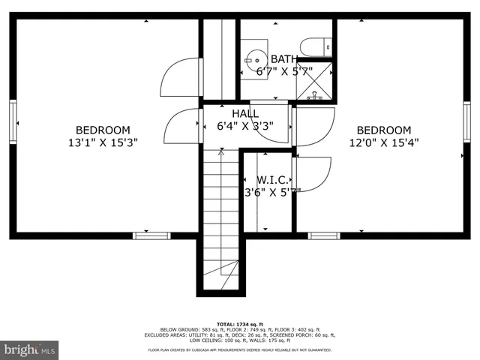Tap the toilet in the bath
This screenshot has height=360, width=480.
click(316, 47)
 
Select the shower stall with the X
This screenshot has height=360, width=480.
click(316, 84)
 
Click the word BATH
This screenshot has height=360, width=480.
click(283, 58)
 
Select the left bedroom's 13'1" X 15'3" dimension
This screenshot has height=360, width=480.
click(103, 142)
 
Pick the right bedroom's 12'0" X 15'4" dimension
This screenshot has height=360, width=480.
click(384, 142)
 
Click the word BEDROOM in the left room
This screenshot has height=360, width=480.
click(103, 129)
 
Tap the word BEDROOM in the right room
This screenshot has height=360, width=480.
click(384, 129)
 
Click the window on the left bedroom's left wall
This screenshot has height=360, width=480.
click(13, 121)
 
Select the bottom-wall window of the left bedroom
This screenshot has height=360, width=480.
click(151, 235)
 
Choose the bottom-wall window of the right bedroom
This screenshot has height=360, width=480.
click(324, 235)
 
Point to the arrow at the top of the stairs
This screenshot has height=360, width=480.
click(220, 152)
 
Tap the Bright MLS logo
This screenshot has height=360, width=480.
click(30, 349)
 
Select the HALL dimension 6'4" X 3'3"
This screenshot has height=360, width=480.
click(244, 126)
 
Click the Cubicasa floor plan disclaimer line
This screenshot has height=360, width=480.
click(240, 350)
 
